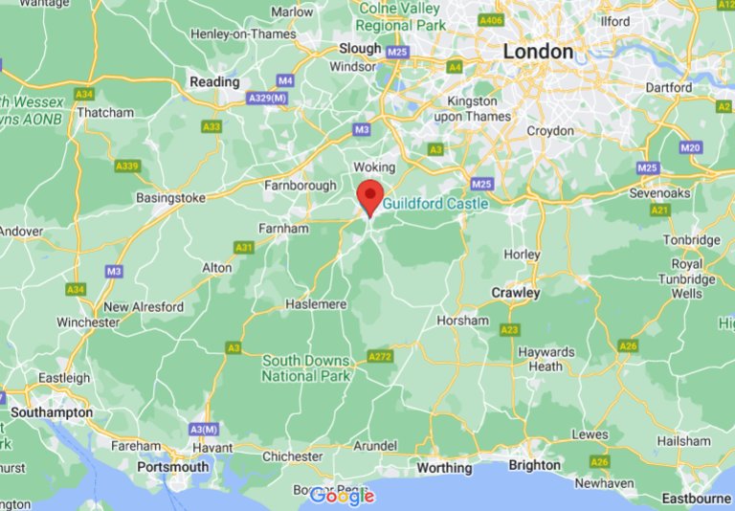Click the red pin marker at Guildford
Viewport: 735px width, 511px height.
pyautogui.click(x=370, y=196)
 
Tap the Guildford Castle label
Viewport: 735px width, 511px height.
pyautogui.click(x=435, y=204)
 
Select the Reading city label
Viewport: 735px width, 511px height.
pyautogui.click(x=214, y=82)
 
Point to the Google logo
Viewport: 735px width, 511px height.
pyautogui.click(x=342, y=497)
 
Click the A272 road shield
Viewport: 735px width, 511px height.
pyautogui.click(x=379, y=357)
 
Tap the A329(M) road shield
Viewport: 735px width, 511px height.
pyautogui.click(x=268, y=99)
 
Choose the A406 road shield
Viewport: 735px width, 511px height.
pyautogui.click(x=492, y=20)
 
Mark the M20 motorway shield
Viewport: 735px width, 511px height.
pyautogui.click(x=690, y=147)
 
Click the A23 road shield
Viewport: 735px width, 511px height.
pyautogui.click(x=509, y=330)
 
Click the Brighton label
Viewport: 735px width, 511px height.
pyautogui.click(x=534, y=465)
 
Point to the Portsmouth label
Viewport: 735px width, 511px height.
pyautogui.click(x=172, y=467)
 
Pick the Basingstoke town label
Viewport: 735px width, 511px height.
pyautogui.click(x=171, y=199)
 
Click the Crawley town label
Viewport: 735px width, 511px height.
pyautogui.click(x=515, y=292)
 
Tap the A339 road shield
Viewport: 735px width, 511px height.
pyautogui.click(x=128, y=166)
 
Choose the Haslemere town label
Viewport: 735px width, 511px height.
pyautogui.click(x=315, y=304)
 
